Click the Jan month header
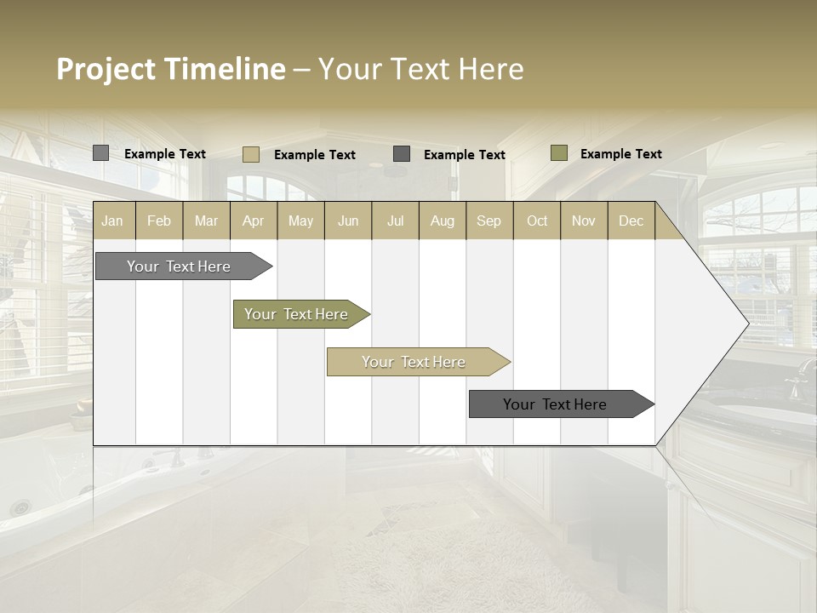pos(112,221)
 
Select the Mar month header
pos(206,221)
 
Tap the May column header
pos(300,221)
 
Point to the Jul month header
pos(395,221)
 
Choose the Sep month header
pos(488,221)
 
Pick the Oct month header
pos(537,221)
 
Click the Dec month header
pos(631,221)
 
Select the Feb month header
pos(159,221)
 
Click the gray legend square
pos(100,153)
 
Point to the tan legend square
pos(251,154)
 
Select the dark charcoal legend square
pos(402,154)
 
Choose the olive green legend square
pos(558,153)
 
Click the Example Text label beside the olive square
pos(620,154)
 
